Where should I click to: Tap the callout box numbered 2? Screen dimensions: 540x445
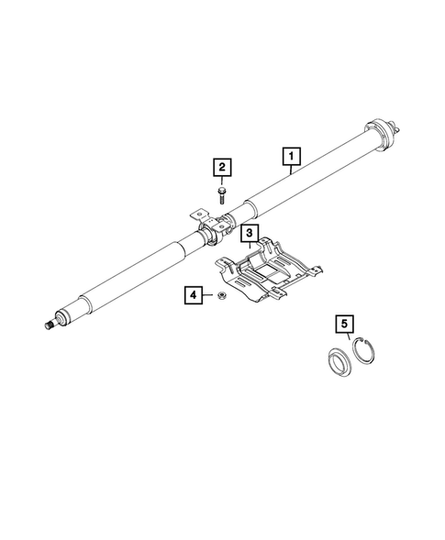pos(221,167)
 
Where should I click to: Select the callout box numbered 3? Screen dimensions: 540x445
pos(250,234)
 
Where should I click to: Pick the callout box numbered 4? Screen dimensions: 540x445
pos(193,295)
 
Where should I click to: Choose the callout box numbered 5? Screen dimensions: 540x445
pos(344,324)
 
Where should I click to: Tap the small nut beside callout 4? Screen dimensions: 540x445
pos(221,296)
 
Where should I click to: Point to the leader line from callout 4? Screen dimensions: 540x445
pos(208,295)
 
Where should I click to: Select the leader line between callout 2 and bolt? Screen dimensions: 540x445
pos(221,181)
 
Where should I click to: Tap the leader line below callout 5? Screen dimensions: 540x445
pos(347,336)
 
